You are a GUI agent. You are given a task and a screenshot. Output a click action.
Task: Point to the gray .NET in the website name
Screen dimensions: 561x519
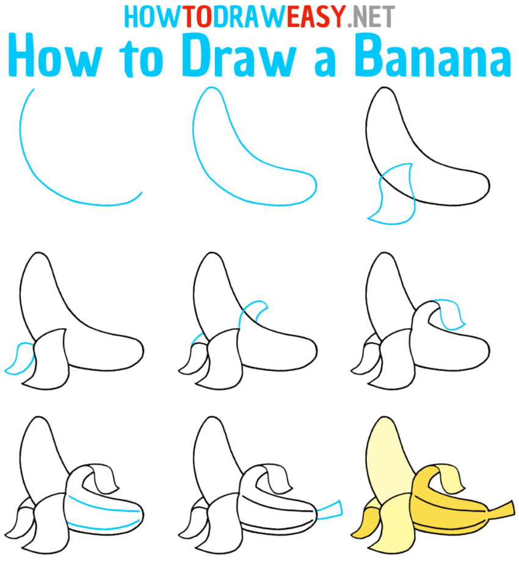tap(370, 17)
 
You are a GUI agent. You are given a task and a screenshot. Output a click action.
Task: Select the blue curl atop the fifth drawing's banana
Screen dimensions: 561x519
tap(256, 309)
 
